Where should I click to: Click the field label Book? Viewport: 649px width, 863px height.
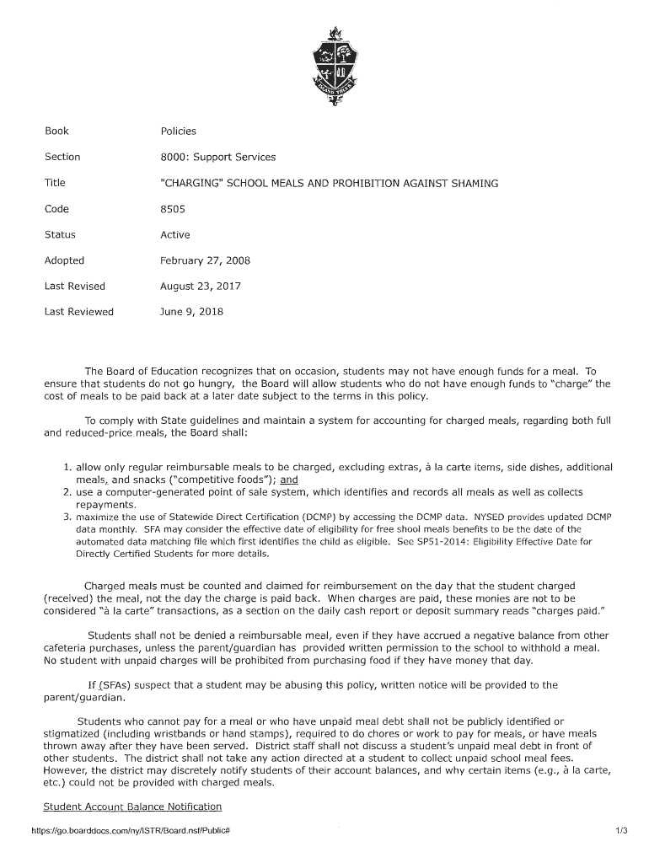point(56,131)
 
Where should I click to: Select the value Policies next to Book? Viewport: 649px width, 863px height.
point(178,131)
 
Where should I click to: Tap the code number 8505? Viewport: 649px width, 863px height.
point(174,209)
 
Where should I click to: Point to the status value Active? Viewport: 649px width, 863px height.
point(175,235)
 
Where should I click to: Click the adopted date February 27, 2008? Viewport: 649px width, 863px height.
point(205,260)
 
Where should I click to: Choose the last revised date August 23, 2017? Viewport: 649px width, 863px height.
point(201,287)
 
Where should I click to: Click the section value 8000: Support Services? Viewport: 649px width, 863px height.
point(217,157)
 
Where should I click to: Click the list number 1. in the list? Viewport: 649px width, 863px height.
point(67,467)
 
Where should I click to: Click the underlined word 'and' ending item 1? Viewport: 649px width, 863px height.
point(290,480)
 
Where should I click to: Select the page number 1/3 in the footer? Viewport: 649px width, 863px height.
point(622,832)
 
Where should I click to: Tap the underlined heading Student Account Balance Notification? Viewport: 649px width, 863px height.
point(132,807)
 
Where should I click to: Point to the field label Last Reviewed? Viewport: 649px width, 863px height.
point(78,312)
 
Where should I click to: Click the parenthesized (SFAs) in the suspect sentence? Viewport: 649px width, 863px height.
point(115,685)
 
